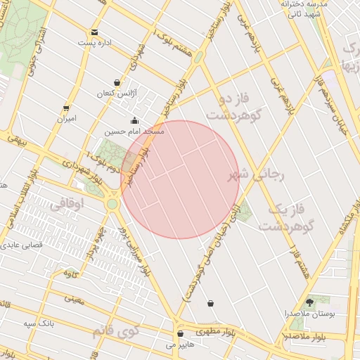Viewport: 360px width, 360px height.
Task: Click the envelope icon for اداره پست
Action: [95, 32]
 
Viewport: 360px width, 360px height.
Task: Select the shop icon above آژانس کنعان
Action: [117, 82]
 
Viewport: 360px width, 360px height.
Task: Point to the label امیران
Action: [67, 119]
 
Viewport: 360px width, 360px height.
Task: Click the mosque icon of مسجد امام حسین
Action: [134, 120]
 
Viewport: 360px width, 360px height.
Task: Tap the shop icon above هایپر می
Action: [181, 334]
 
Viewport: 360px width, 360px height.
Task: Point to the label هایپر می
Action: [179, 345]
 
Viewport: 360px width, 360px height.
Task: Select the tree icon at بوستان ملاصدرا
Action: [310, 301]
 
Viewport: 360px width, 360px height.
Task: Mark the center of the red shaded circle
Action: [181, 179]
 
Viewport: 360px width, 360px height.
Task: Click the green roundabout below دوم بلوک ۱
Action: [112, 204]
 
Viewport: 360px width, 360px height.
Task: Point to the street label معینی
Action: [75, 300]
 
